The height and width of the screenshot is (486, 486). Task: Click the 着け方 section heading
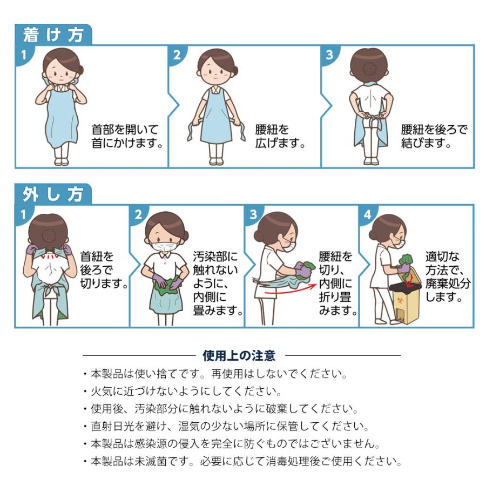click(x=53, y=35)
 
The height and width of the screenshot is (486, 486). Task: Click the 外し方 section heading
click(x=53, y=194)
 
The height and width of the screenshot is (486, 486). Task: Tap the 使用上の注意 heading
click(x=239, y=355)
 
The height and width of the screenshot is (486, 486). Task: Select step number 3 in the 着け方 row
click(x=329, y=55)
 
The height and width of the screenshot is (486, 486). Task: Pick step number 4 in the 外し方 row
click(x=368, y=214)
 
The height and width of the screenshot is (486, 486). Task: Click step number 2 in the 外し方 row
click(x=138, y=214)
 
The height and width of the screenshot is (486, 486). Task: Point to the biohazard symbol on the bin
click(x=399, y=300)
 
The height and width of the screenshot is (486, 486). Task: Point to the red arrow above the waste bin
click(x=410, y=280)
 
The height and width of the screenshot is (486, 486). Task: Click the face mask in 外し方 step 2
click(x=163, y=247)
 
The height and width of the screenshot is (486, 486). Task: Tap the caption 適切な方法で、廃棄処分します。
click(x=448, y=277)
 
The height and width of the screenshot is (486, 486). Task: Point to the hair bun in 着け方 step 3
click(x=368, y=69)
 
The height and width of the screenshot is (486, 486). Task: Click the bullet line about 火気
click(x=183, y=391)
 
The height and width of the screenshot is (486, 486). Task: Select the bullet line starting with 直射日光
click(x=226, y=426)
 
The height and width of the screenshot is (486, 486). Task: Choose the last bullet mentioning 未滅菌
click(x=242, y=461)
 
